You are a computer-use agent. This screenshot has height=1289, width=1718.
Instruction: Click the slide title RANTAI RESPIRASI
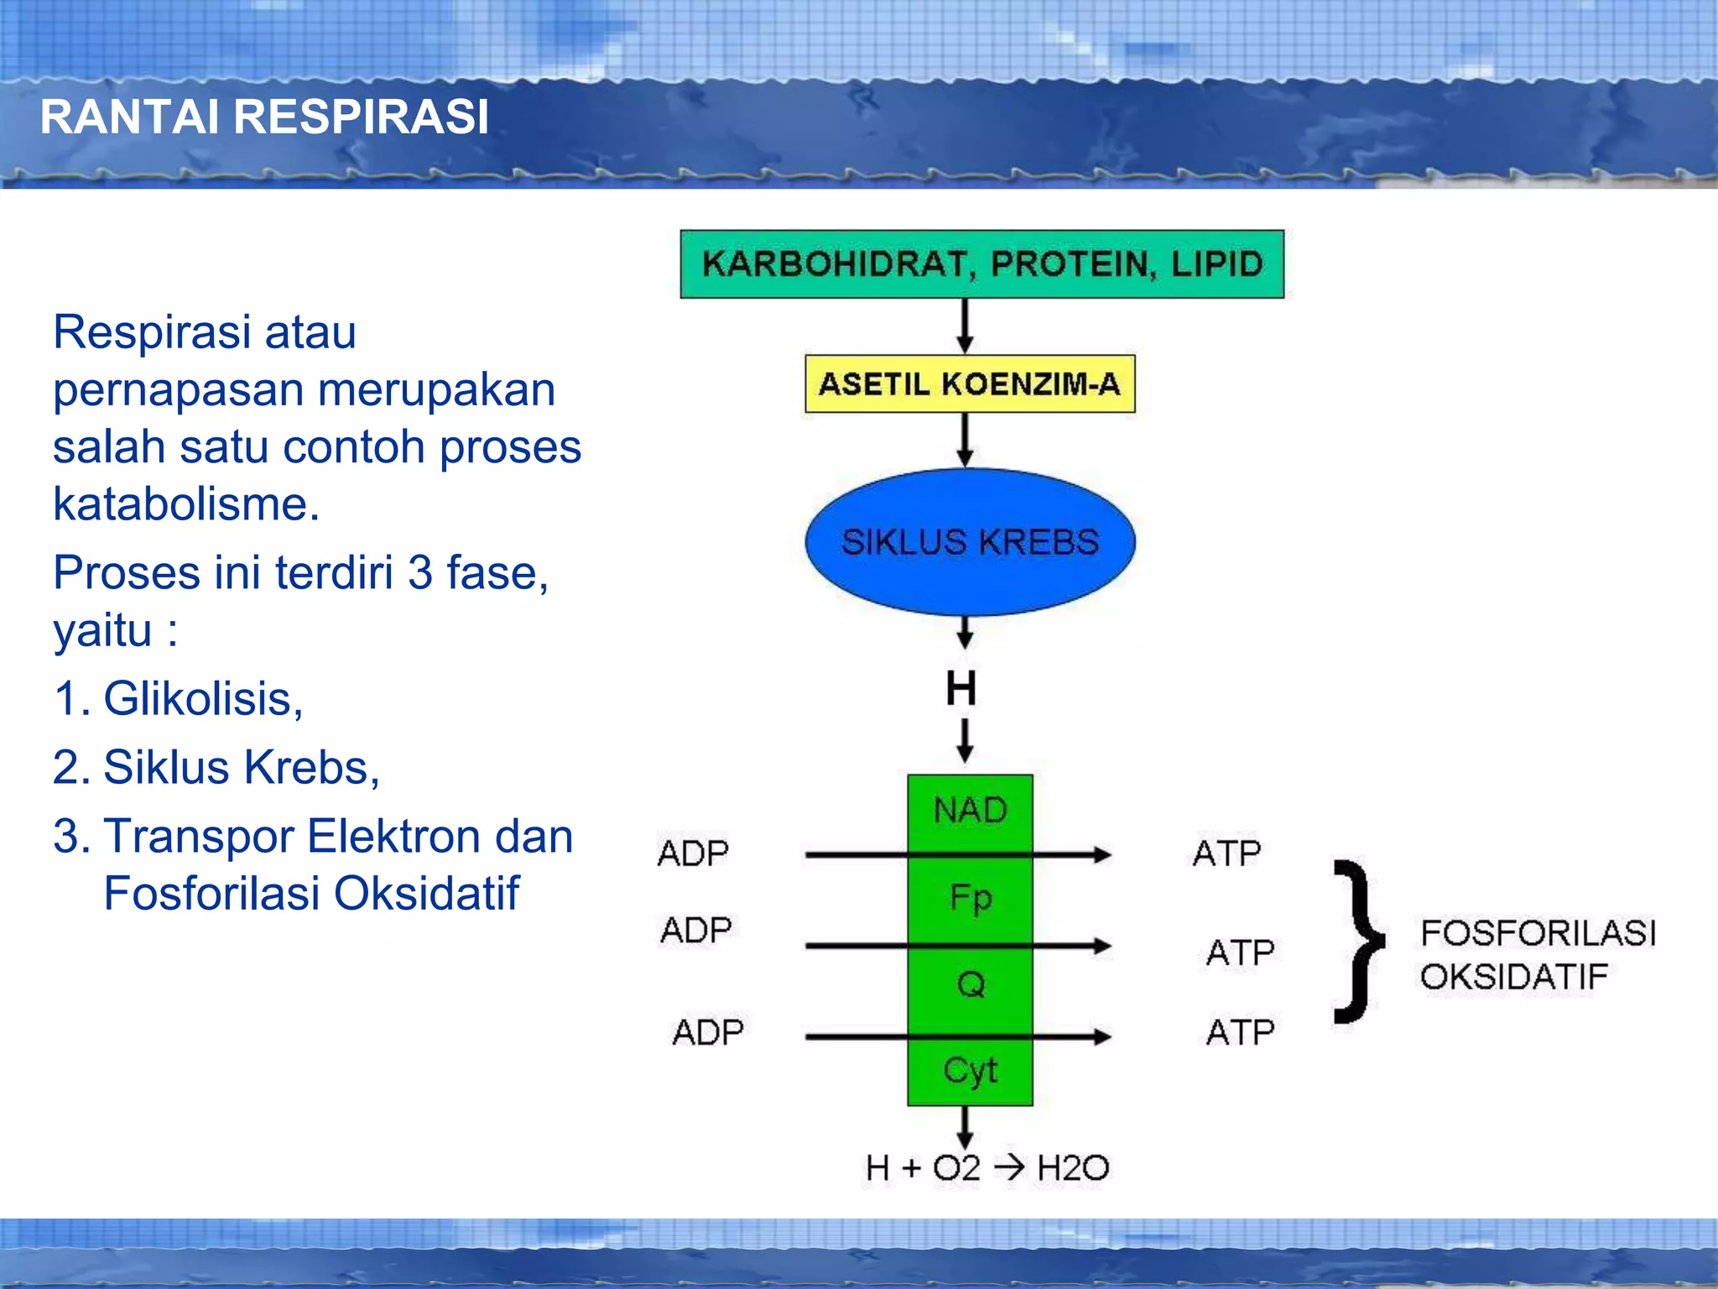(264, 117)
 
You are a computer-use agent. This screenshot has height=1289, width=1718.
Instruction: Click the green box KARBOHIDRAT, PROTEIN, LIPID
(981, 264)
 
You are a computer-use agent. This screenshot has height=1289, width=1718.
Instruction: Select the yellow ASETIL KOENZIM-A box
(970, 384)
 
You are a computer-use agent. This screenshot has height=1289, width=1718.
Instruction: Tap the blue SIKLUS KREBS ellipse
(970, 542)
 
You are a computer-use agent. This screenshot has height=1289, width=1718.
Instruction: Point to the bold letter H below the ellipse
(961, 689)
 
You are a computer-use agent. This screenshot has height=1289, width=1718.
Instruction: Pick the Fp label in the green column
(971, 898)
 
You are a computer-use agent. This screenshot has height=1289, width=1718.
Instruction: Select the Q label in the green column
(971, 984)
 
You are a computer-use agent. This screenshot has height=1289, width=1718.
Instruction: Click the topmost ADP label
(693, 853)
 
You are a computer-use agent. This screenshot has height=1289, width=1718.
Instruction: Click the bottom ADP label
(708, 1032)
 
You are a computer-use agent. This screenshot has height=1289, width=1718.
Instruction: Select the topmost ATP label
(1226, 853)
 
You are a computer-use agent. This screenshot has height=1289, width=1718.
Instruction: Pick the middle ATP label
(1240, 952)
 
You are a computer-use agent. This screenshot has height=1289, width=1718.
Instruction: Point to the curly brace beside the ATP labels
(1357, 942)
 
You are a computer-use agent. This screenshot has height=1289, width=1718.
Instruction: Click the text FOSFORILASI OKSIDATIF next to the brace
(1537, 955)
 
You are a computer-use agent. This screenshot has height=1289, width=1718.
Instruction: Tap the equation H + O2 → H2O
(987, 1168)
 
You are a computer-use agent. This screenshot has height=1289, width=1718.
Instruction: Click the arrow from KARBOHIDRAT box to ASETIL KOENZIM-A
(966, 326)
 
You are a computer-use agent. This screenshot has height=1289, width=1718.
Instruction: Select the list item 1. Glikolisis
(178, 698)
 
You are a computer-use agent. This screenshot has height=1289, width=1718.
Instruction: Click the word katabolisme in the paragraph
(186, 504)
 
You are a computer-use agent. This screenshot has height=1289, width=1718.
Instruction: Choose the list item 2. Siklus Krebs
(216, 767)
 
